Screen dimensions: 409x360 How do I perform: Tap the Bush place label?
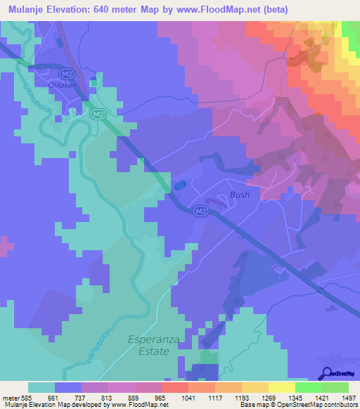click(x=239, y=195)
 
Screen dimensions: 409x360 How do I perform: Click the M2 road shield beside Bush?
click(x=201, y=211)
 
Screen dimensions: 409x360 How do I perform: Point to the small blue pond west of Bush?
click(x=180, y=185)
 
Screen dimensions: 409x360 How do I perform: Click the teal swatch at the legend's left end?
click(x=41, y=387)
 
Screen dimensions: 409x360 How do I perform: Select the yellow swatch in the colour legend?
click(x=281, y=387)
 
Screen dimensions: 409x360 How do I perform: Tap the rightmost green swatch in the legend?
click(x=335, y=387)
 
